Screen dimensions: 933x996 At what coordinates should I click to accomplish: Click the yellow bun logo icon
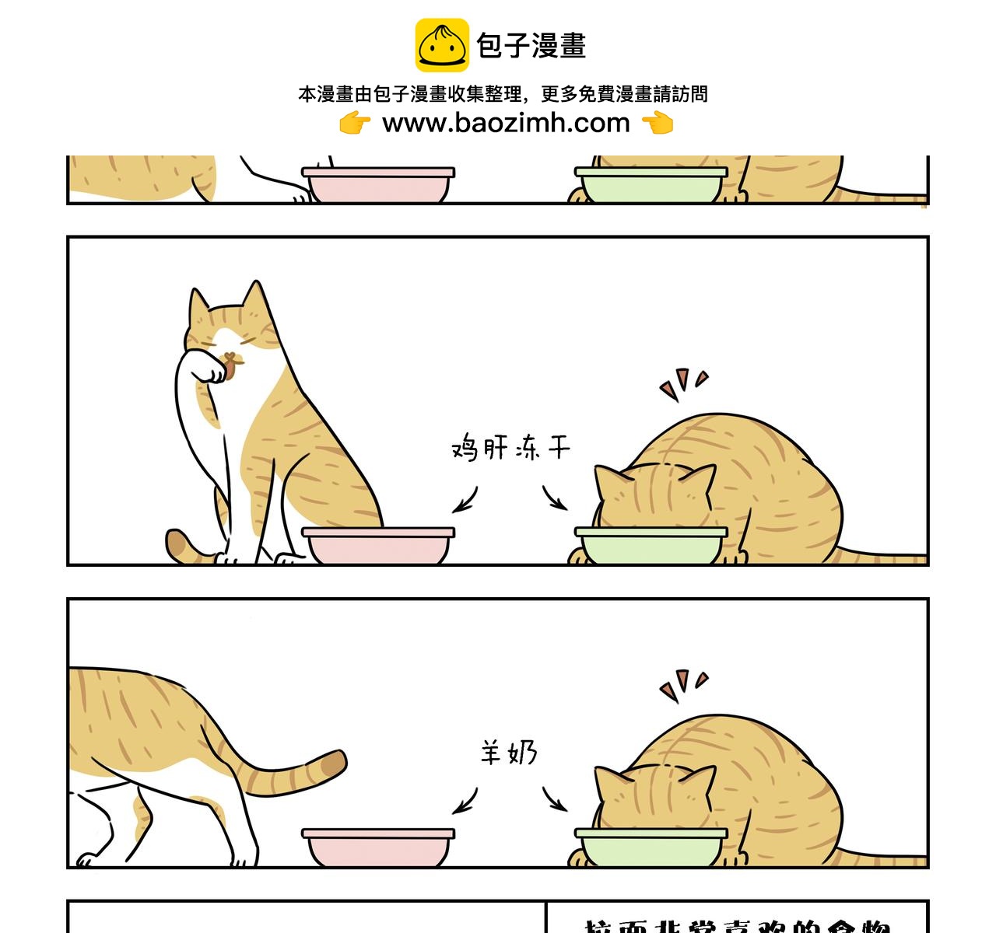pos(441,45)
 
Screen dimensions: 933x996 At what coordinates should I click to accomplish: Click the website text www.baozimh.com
pos(506,123)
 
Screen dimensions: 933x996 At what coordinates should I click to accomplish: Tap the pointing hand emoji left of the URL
pos(355,123)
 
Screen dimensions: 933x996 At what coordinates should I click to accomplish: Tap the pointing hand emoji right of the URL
pos(658,123)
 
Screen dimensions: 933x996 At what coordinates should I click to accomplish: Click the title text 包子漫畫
pos(531,46)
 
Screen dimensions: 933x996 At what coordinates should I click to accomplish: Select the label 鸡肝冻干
pos(510,449)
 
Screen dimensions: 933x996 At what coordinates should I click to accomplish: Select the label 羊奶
pos(508,753)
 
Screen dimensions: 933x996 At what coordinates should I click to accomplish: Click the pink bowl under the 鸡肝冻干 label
pos(378,546)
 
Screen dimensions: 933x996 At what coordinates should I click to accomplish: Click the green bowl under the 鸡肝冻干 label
pos(651,546)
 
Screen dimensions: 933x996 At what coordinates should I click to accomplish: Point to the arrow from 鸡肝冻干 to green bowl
pos(554,498)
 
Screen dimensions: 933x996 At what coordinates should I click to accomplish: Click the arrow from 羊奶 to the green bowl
pos(554,799)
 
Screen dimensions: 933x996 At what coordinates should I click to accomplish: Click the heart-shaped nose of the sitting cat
pos(230,358)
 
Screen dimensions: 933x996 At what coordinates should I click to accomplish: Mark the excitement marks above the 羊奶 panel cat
pos(683,684)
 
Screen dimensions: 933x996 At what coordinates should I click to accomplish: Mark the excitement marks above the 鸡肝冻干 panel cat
pos(683,383)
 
